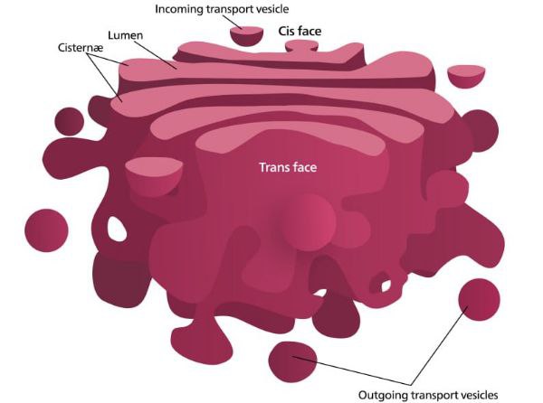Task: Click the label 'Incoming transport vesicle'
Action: (x=222, y=9)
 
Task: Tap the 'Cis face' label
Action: (x=300, y=31)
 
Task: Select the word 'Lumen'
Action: (x=126, y=35)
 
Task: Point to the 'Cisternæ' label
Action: (x=81, y=47)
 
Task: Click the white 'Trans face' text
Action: (x=288, y=167)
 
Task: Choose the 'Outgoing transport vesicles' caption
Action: (x=428, y=395)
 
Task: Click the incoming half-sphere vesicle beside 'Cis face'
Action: (x=246, y=36)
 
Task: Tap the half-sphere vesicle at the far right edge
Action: (x=466, y=76)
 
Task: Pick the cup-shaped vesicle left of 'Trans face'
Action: (x=154, y=175)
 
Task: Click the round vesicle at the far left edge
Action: (x=46, y=230)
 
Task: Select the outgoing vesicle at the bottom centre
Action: (x=292, y=361)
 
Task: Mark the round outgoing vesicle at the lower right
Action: (x=480, y=300)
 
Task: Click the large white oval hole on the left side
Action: (x=118, y=229)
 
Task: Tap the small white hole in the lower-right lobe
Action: (x=386, y=286)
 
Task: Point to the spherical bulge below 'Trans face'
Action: (x=308, y=222)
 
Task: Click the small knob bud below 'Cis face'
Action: (x=301, y=46)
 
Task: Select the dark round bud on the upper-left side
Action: (x=70, y=122)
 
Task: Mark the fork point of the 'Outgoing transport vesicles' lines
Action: (x=411, y=385)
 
